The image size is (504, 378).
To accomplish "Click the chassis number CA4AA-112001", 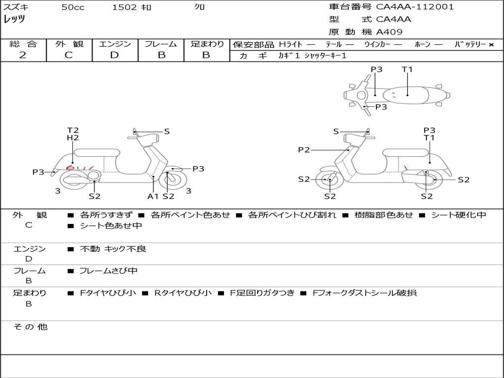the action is (x=415, y=7).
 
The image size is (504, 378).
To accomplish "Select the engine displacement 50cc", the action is (x=73, y=7).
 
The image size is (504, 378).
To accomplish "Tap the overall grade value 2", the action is (x=23, y=55).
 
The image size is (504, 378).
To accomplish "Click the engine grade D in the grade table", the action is (x=114, y=55).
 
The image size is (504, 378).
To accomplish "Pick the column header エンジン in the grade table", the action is (x=115, y=44).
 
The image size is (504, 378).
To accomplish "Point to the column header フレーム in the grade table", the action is (x=161, y=44).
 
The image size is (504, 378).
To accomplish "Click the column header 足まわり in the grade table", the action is (x=207, y=44).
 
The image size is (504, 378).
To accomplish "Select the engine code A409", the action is (x=389, y=32).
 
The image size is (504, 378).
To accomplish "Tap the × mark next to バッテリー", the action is (x=491, y=45).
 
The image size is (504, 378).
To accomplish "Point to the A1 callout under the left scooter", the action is (x=153, y=196).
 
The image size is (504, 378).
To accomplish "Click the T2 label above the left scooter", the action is (x=73, y=130).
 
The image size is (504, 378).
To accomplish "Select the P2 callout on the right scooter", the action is (x=304, y=150).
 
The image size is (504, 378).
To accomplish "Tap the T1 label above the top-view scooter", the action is (x=407, y=69).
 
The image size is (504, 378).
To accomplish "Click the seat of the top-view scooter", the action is (x=409, y=94).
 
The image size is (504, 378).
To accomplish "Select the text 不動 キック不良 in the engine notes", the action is (x=113, y=249).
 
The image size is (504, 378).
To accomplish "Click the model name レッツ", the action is (x=15, y=20).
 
